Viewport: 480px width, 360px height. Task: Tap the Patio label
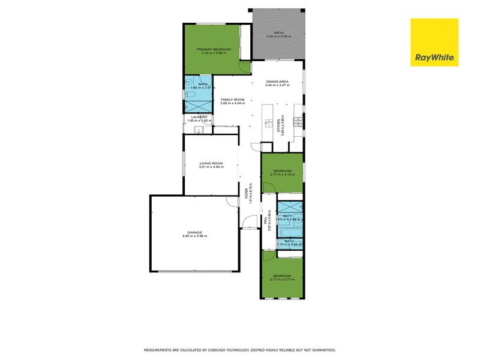[278, 33]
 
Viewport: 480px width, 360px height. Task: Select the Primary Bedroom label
[214, 49]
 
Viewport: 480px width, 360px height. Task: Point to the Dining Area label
[278, 81]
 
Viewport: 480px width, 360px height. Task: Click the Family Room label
[232, 99]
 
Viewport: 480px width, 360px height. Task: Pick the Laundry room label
[199, 117]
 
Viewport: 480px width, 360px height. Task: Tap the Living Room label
[211, 163]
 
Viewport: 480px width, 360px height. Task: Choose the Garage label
[194, 232]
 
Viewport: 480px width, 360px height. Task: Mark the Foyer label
[246, 193]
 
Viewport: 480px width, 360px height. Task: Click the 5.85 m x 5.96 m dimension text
[194, 236]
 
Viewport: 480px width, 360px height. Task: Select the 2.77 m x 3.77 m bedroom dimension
[282, 280]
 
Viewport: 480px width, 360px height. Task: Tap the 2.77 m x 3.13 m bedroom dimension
[282, 175]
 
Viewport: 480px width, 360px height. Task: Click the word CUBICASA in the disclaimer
[227, 349]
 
